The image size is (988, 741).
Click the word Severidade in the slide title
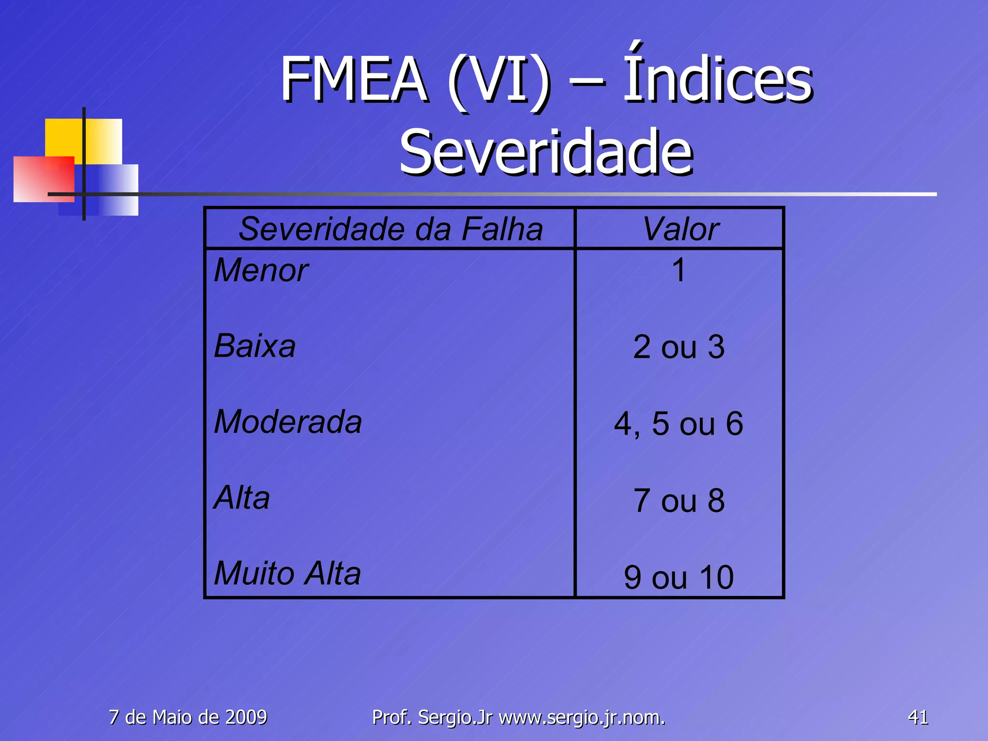click(x=546, y=152)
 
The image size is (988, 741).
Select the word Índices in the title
click(x=717, y=77)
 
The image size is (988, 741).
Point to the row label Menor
click(x=261, y=270)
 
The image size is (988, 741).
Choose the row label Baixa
click(x=255, y=346)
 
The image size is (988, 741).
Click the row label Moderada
click(x=288, y=422)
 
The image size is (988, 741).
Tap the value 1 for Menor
click(x=679, y=270)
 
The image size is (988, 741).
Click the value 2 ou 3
click(x=679, y=347)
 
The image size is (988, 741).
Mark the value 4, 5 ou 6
click(x=679, y=424)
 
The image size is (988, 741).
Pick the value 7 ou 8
click(x=679, y=500)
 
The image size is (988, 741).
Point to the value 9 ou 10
click(x=679, y=577)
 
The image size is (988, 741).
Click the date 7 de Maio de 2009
click(x=188, y=717)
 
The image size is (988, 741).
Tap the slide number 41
click(x=918, y=717)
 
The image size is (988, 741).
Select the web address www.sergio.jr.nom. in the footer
click(x=582, y=717)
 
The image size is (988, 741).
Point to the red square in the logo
click(x=43, y=178)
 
